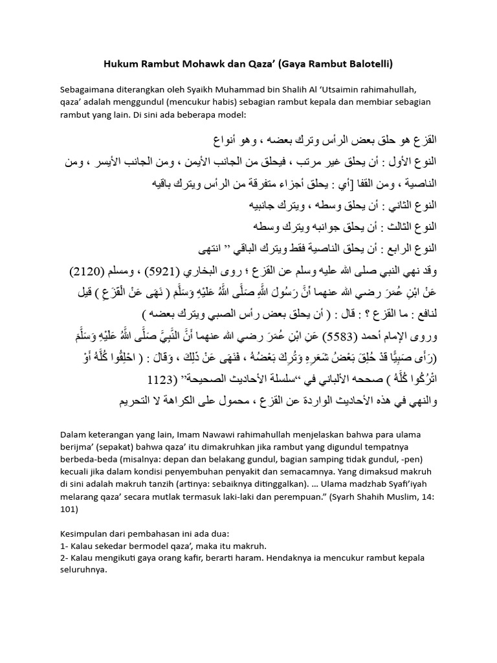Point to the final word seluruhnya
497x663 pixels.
click(x=83, y=572)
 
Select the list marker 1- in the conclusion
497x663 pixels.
click(x=63, y=546)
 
